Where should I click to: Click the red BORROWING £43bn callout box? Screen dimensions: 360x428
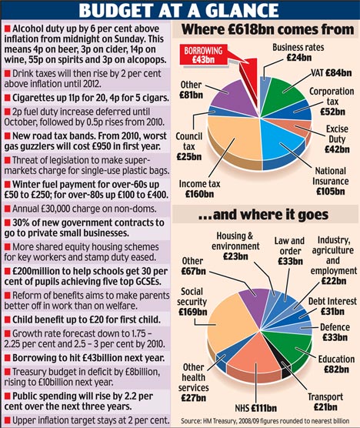tap(203, 55)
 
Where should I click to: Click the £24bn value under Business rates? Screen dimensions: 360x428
tap(299, 58)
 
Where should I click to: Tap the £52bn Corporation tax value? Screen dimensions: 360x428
tap(333, 112)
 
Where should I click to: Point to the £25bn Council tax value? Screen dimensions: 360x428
tap(189, 157)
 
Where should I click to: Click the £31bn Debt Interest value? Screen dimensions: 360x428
tap(332, 312)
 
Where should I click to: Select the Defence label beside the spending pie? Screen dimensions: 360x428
tap(335, 327)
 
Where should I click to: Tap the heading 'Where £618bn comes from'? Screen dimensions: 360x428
tap(268, 29)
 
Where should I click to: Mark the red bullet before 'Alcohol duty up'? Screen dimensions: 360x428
tap(8, 28)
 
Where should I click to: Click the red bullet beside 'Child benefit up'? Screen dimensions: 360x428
tap(8, 319)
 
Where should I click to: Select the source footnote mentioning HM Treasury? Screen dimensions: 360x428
tap(265, 420)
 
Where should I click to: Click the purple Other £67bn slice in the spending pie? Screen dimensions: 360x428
tap(254, 300)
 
